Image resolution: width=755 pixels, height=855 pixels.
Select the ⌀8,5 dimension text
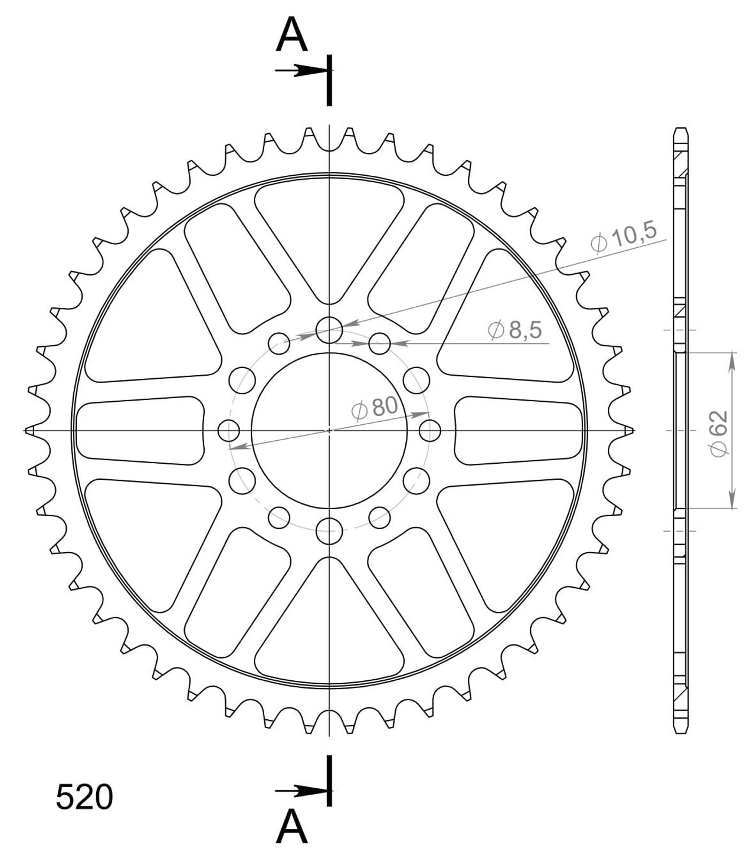515,330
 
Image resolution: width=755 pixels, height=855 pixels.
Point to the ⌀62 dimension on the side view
719,433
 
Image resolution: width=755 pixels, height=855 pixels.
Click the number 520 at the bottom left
84,798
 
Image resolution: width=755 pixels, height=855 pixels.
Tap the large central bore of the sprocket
329,430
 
